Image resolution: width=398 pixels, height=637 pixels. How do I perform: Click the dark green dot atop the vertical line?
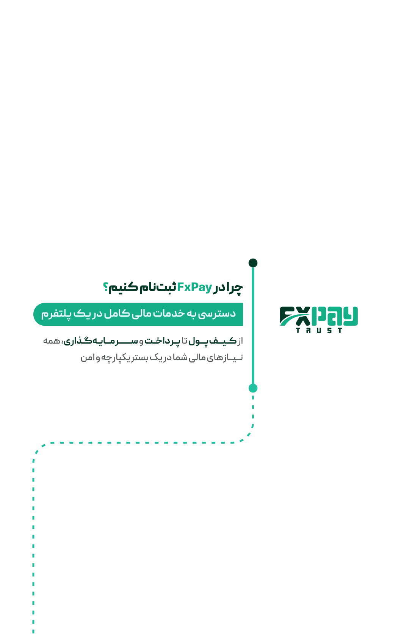253,263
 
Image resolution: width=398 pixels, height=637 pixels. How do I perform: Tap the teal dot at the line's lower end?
253,388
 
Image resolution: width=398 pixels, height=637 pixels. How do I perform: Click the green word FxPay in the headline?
194,287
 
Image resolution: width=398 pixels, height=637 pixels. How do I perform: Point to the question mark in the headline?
105,287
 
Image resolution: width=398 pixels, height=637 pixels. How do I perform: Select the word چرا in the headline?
234,288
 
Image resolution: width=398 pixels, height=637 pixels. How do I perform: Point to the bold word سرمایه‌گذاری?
101,340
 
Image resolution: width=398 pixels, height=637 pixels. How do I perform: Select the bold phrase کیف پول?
212,340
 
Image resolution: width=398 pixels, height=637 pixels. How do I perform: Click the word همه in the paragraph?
52,340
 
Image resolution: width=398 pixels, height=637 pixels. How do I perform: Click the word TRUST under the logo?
319,330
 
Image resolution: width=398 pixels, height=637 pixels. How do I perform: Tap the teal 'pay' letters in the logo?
335,316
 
